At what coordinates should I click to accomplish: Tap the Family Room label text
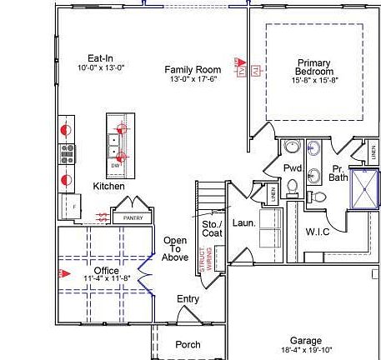click(192, 69)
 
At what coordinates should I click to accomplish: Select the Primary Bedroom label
click(314, 67)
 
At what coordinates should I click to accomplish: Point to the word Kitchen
click(108, 186)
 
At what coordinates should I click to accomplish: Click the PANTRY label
click(133, 217)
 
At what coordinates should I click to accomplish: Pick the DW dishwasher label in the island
click(115, 165)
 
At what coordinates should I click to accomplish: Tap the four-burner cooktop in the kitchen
click(67, 153)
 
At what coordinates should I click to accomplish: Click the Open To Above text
click(175, 248)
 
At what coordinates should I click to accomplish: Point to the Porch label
click(187, 344)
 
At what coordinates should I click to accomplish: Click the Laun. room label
click(243, 223)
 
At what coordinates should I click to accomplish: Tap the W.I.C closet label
click(317, 231)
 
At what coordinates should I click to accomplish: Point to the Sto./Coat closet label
click(212, 229)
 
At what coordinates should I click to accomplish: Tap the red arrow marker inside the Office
click(61, 272)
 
